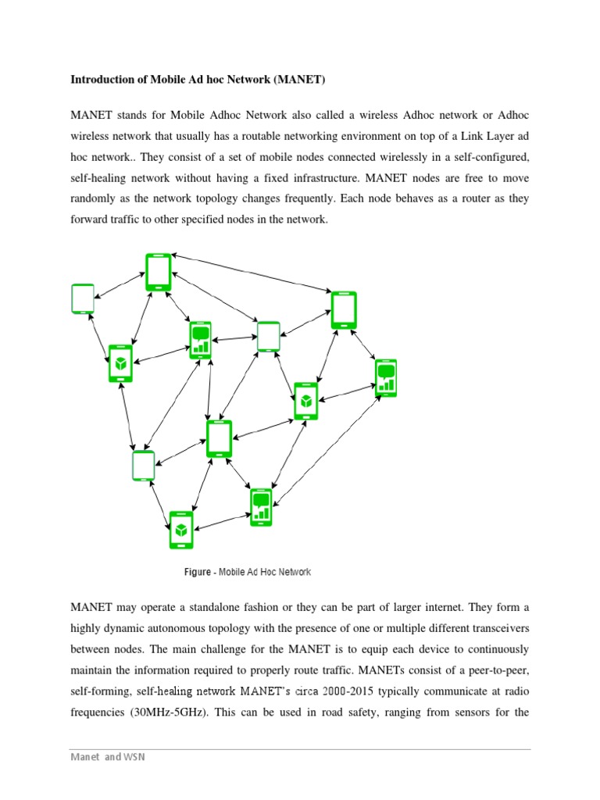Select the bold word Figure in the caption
click(197, 573)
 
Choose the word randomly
click(95, 198)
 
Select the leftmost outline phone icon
click(83, 298)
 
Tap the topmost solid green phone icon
click(159, 272)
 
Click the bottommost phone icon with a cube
click(181, 530)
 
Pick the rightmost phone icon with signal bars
click(386, 378)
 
